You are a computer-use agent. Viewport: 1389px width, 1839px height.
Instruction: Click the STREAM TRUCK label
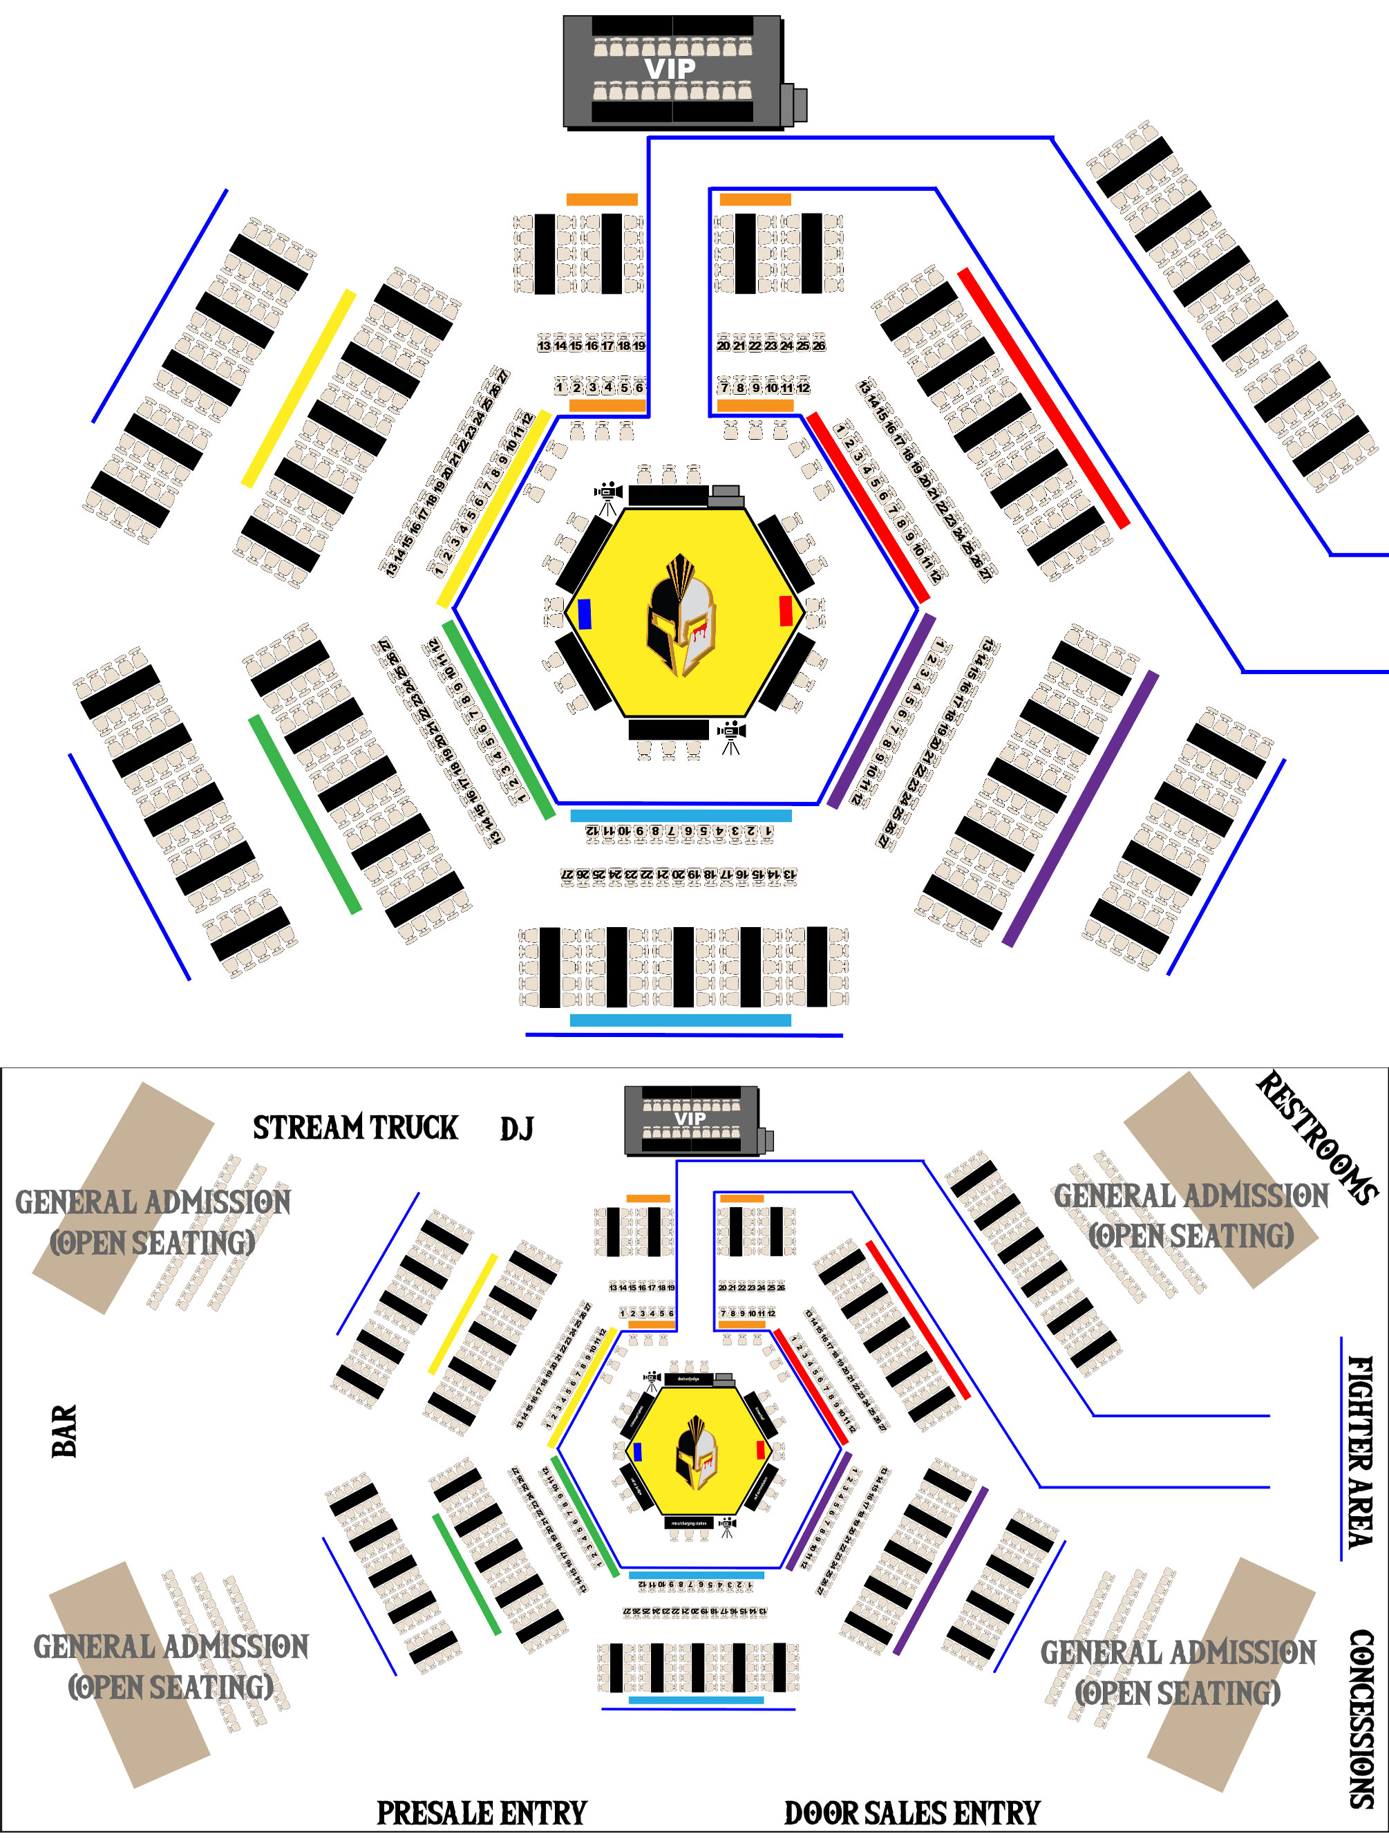click(355, 1128)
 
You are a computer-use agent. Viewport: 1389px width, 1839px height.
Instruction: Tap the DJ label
click(516, 1129)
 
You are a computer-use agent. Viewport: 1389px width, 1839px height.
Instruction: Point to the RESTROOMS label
click(1316, 1137)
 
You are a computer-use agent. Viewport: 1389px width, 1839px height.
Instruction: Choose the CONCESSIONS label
click(1361, 1719)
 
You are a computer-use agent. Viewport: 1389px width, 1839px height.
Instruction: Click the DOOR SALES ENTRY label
click(912, 1813)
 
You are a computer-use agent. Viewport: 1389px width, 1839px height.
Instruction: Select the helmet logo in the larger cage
click(681, 615)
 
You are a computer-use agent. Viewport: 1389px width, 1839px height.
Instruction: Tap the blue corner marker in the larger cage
click(585, 613)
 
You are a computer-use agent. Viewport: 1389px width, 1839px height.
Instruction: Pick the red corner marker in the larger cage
click(786, 611)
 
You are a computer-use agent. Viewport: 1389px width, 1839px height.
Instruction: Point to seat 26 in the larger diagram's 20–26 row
click(819, 346)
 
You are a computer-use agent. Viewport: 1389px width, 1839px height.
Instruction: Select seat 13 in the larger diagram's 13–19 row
click(544, 346)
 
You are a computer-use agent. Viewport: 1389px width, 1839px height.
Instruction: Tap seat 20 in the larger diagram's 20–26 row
click(723, 346)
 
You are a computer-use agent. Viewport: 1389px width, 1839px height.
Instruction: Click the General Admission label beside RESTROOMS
click(1191, 1215)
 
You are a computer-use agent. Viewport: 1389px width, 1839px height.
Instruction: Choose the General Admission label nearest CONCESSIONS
click(1178, 1672)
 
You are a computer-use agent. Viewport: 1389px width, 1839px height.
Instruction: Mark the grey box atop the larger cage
click(726, 496)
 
